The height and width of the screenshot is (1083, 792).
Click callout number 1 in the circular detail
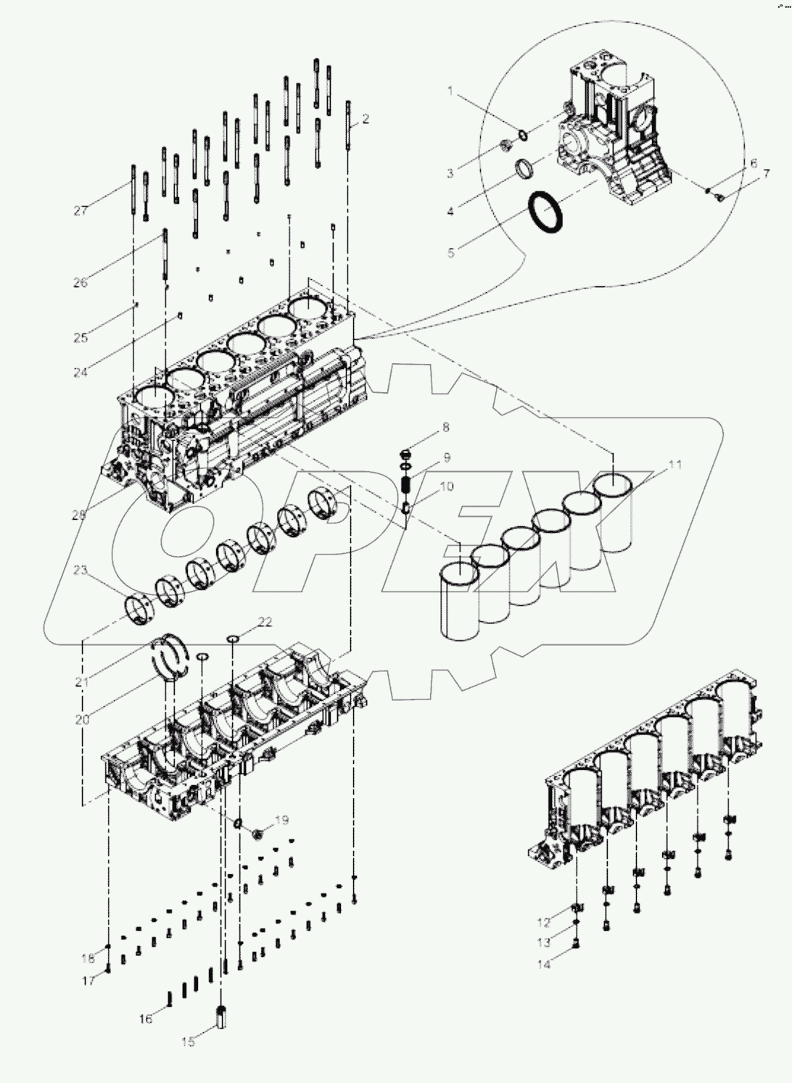[x=450, y=91]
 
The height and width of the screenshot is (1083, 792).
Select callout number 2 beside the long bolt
[x=366, y=119]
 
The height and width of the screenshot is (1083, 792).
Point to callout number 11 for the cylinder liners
[x=675, y=465]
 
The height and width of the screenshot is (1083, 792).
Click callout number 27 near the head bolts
[x=80, y=211]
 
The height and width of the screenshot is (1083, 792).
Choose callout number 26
[x=80, y=283]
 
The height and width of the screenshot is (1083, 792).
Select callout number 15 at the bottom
[x=188, y=1042]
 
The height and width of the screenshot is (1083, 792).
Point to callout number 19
[x=281, y=821]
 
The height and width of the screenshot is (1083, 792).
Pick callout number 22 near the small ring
[x=265, y=622]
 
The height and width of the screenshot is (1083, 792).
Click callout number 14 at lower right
[x=544, y=965]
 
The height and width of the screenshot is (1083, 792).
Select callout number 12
[x=544, y=923]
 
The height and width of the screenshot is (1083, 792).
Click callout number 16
[x=146, y=1019]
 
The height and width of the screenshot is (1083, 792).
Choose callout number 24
[x=80, y=373]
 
